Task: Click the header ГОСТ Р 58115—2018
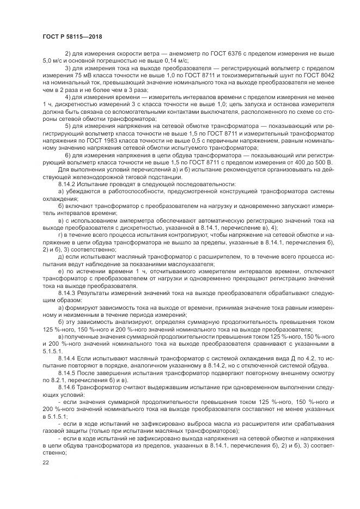click(72, 36)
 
